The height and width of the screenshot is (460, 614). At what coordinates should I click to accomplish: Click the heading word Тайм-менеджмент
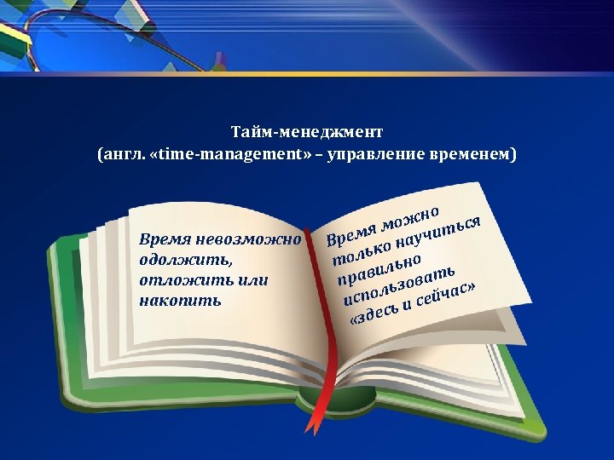307,133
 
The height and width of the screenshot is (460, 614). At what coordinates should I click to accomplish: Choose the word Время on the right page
351,231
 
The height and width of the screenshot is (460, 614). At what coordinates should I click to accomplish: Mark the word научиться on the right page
443,232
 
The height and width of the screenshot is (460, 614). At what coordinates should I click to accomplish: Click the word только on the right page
362,250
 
